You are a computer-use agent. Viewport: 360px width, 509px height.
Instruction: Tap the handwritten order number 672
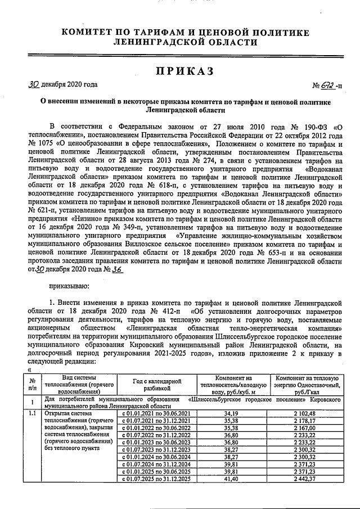tap(327, 85)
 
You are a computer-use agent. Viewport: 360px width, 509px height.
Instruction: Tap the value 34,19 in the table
tap(231, 413)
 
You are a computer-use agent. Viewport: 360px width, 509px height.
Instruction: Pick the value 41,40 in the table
tap(231, 478)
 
